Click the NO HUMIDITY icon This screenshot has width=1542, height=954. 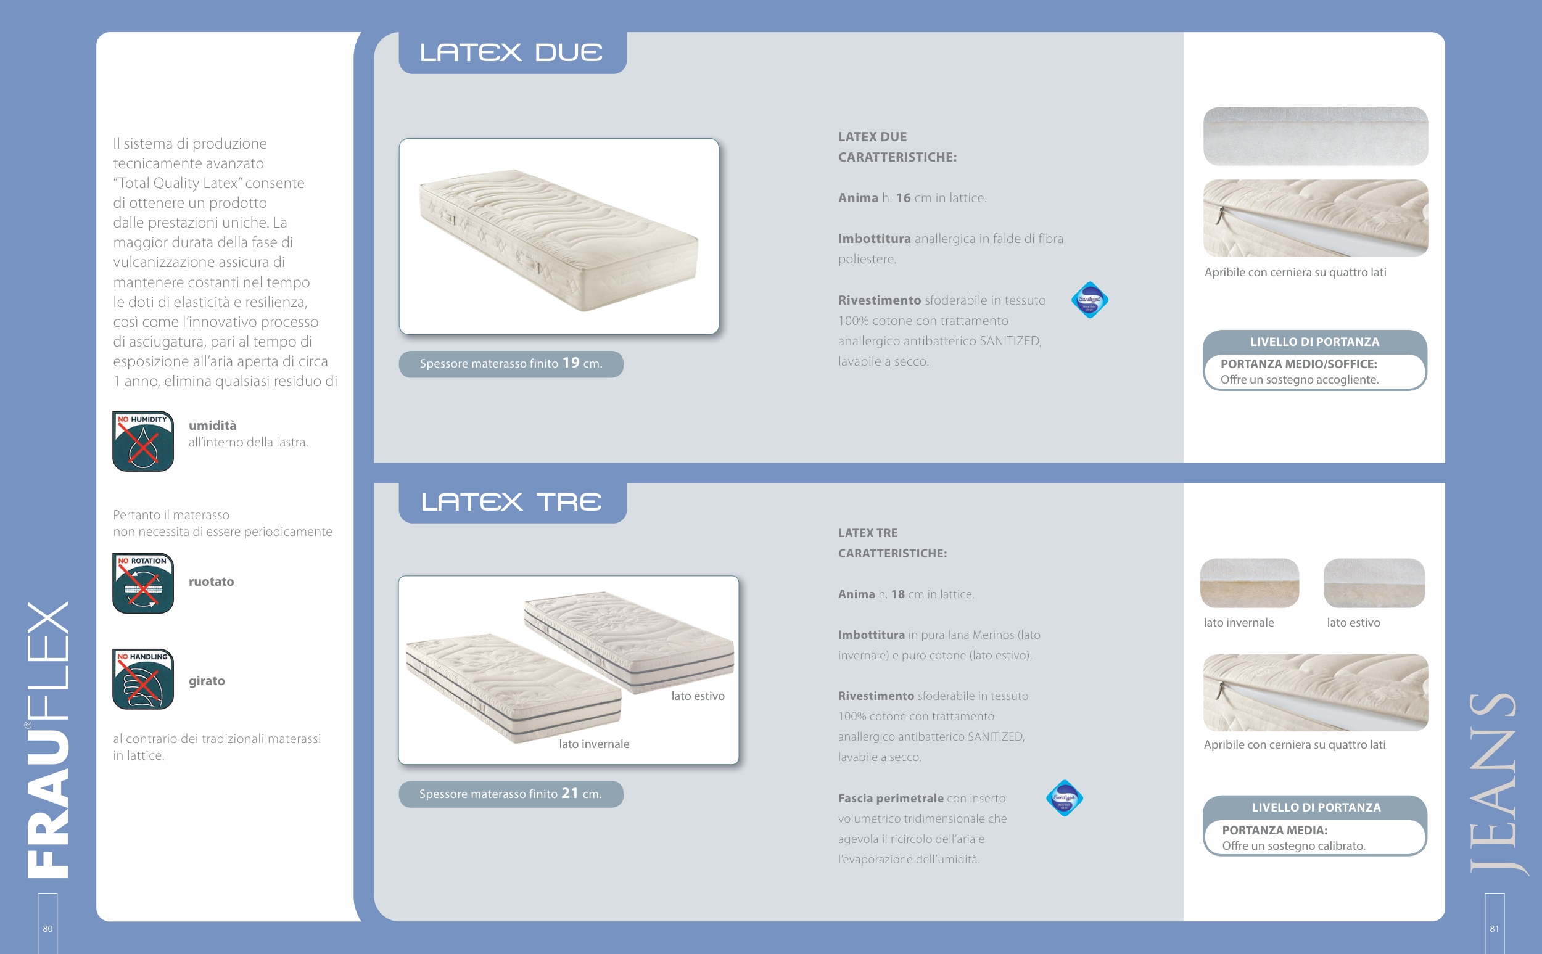click(143, 441)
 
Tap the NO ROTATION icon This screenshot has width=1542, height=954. click(143, 583)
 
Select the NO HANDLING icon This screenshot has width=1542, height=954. click(143, 679)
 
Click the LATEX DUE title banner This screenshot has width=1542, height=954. click(513, 53)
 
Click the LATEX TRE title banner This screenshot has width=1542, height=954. click(513, 503)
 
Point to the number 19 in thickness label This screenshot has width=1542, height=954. click(571, 363)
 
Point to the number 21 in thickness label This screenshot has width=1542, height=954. click(570, 793)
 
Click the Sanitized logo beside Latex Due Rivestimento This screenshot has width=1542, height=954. click(1090, 300)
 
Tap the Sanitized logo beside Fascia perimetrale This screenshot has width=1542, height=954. click(1065, 798)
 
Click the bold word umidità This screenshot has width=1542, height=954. click(213, 426)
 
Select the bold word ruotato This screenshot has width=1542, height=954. click(212, 582)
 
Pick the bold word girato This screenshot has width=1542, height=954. click(207, 681)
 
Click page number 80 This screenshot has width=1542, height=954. click(48, 928)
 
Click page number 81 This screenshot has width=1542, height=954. click(1494, 928)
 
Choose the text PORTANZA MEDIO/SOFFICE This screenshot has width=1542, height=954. click(1298, 364)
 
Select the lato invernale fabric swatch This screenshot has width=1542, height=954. click(1249, 583)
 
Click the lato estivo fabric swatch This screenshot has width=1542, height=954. click(1374, 583)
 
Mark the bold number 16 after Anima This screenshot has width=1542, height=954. click(904, 198)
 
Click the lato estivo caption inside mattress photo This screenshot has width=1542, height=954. click(698, 696)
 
